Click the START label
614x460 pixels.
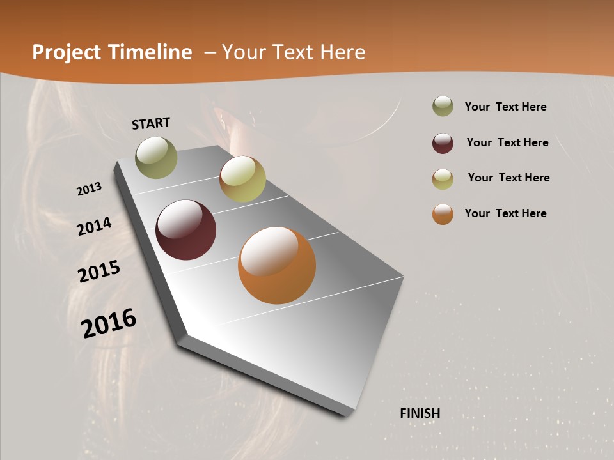coord(151,123)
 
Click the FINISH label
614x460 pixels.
coord(420,413)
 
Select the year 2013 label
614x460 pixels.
coord(90,189)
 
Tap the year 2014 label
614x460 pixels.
coord(94,226)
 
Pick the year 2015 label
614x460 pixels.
coord(99,272)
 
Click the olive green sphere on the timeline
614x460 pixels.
coord(156,157)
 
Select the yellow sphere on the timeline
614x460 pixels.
coord(242,179)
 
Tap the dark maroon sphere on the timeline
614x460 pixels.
coord(185,230)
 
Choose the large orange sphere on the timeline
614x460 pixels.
coord(277,265)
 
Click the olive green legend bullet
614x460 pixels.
coord(443,107)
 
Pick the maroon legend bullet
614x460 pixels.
coord(443,143)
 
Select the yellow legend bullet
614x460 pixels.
coord(443,179)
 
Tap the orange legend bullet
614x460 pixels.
coord(443,214)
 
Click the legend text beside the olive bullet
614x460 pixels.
coord(505,107)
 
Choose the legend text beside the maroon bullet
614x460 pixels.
coord(507,142)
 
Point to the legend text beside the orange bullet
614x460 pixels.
coord(505,213)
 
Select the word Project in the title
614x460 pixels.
coord(66,52)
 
